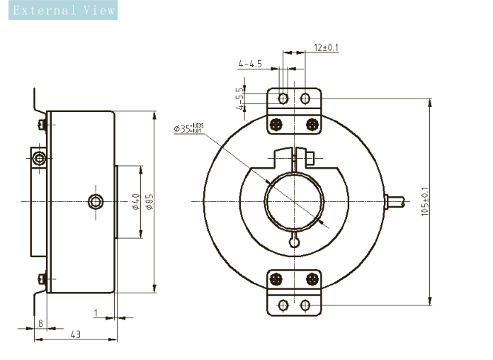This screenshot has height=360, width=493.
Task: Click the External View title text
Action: coord(58,11)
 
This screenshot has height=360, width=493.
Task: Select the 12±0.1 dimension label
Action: coord(327,47)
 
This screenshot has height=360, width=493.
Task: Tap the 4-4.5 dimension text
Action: coord(251,64)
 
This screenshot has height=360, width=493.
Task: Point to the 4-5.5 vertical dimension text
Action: coord(240,99)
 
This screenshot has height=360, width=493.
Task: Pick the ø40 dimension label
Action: coord(135,202)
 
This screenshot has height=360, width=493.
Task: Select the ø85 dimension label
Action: coord(149,202)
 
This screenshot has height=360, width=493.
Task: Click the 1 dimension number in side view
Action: coord(96,312)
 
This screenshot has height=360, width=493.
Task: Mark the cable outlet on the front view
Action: coord(393,201)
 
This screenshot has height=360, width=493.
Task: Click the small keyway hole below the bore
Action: coord(294,242)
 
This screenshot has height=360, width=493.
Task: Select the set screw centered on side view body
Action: coord(96,202)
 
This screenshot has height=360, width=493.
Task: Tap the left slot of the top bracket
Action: coord(283,98)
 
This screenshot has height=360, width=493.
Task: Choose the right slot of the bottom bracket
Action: coord(305,305)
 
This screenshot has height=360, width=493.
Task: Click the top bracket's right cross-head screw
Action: coord(311,125)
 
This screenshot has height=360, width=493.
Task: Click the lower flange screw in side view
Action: coord(42,279)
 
